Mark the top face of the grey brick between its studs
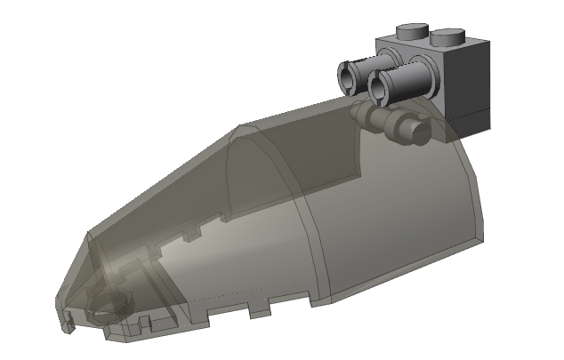point(431,43)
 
